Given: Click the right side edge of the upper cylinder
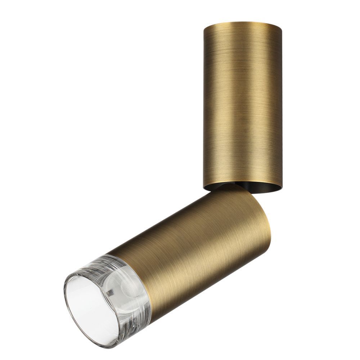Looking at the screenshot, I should point(282,108).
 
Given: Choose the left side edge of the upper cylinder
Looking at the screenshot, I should point(203,108).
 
